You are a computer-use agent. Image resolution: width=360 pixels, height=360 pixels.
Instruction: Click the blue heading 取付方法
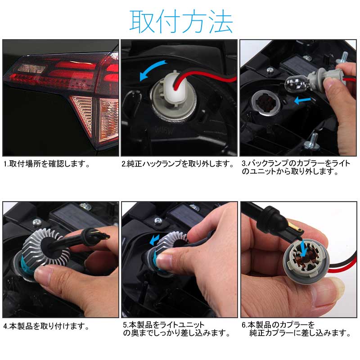pos(181,21)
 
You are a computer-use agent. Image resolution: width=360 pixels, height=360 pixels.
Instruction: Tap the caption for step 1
pos(47,164)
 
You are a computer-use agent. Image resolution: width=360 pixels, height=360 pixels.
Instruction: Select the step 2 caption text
pos(178,164)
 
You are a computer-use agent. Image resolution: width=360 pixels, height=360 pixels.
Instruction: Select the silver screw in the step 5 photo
pos(159,220)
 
